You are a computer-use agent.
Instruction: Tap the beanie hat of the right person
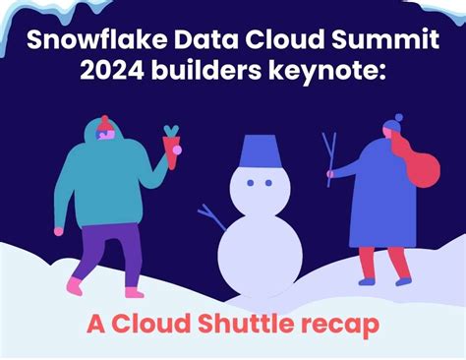pos(390,126)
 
